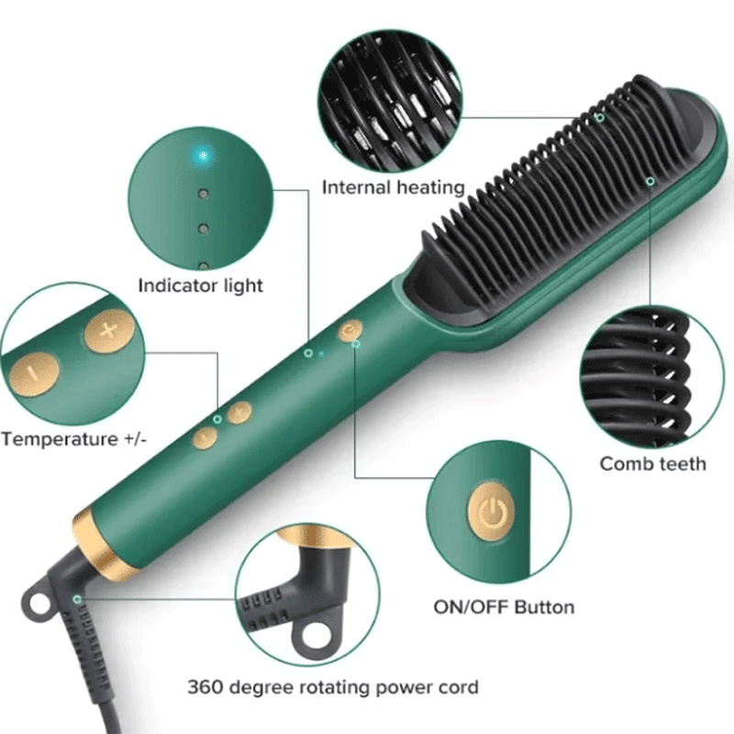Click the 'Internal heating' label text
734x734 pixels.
(394, 188)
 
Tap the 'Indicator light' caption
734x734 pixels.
(200, 285)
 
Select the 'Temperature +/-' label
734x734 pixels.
(74, 439)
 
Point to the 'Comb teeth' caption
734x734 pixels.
(652, 464)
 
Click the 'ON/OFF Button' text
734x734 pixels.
(504, 607)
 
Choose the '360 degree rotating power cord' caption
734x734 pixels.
(333, 687)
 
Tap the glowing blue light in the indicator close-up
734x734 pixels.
(203, 155)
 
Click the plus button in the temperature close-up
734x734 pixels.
(108, 330)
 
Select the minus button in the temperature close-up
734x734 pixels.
(34, 374)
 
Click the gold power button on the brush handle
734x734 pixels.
(350, 330)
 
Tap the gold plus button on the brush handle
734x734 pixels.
(239, 412)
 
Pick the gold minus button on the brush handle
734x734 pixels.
(205, 438)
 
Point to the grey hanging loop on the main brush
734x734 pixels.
(34, 600)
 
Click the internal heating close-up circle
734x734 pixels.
(390, 101)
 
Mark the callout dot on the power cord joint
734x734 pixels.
(77, 599)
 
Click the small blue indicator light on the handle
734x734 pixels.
(321, 353)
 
